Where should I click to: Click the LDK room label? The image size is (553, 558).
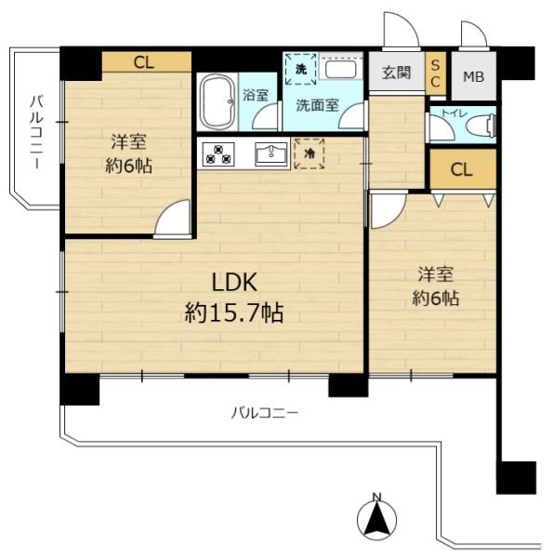point(234,282)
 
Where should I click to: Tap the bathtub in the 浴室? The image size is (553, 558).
point(217,101)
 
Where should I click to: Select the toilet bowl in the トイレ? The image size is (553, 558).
point(481,125)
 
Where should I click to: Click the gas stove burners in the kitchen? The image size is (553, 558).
point(218,153)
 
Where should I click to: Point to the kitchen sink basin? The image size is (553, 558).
point(271,153)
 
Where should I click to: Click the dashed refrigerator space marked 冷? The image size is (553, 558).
point(309,153)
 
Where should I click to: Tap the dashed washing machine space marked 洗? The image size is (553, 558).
point(301,69)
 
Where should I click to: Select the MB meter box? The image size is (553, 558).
point(474,76)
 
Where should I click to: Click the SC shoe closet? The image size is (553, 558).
point(435,73)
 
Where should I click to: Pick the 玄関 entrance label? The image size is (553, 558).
point(397,73)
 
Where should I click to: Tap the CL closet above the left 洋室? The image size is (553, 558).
point(147,62)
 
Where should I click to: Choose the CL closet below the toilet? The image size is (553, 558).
point(463,169)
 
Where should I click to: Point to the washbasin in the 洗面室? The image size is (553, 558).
point(341,69)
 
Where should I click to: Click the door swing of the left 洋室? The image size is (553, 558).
point(173,219)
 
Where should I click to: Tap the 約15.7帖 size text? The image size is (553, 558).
point(234,312)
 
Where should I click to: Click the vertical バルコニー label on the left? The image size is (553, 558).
point(35,132)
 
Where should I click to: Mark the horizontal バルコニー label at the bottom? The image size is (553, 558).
point(265,413)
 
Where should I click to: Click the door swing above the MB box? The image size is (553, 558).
point(474,34)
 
